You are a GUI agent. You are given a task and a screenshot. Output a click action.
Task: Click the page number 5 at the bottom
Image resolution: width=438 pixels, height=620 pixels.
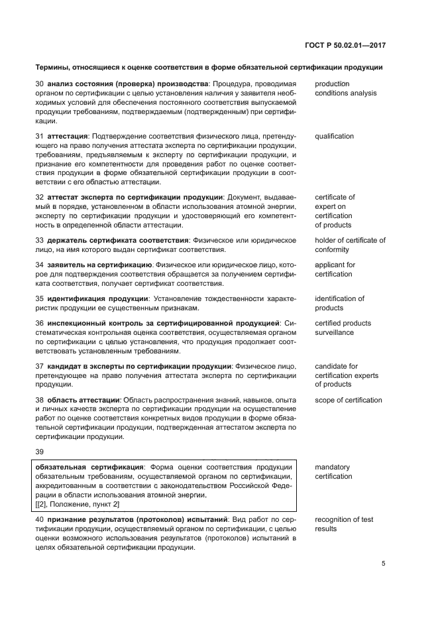pyautogui.click(x=384, y=564)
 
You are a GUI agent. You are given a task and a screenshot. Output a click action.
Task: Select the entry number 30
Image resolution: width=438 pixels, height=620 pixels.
pyautogui.click(x=39, y=84)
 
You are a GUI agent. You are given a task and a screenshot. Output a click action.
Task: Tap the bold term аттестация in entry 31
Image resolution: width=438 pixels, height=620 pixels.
pyautogui.click(x=68, y=137)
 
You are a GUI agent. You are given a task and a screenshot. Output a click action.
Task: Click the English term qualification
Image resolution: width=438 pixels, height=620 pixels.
pyautogui.click(x=334, y=137)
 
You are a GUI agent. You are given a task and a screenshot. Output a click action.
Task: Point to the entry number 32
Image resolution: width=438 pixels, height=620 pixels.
pyautogui.click(x=39, y=197)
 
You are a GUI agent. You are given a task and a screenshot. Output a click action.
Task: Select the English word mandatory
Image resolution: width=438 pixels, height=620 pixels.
pyautogui.click(x=332, y=467)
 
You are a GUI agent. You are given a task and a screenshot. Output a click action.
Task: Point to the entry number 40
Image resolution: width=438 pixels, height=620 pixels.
pyautogui.click(x=39, y=519)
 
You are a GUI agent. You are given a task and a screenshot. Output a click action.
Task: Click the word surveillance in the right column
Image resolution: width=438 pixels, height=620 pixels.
pyautogui.click(x=334, y=333)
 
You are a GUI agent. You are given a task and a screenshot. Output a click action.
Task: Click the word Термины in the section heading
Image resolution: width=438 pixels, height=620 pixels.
pyautogui.click(x=51, y=68)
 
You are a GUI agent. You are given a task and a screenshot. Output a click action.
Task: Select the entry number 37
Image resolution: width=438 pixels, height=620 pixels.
pyautogui.click(x=39, y=366)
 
